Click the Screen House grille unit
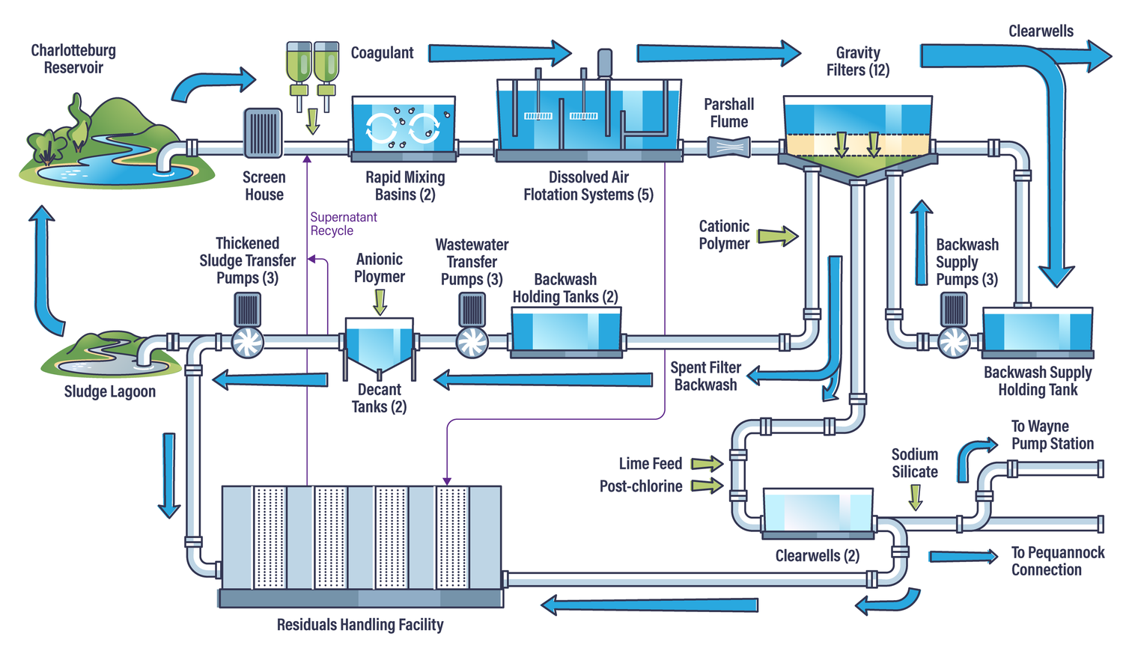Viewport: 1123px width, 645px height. (263, 133)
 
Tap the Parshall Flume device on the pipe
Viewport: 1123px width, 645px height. (728, 147)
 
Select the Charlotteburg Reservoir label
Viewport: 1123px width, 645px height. (73, 59)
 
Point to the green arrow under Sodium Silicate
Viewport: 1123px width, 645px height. (915, 497)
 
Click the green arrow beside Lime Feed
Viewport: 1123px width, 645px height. (706, 464)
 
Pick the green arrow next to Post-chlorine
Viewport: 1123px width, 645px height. (706, 486)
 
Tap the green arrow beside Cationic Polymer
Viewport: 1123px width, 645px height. (777, 236)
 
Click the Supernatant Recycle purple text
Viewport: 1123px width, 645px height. (343, 224)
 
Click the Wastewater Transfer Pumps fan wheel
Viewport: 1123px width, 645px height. (472, 343)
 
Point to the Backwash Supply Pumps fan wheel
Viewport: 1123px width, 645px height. (954, 343)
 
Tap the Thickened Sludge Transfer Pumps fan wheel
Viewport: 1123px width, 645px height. (248, 343)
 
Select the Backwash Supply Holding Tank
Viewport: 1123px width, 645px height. (1037, 331)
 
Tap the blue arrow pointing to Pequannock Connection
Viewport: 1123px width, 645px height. (963, 556)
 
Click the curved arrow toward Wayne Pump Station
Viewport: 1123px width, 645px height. (974, 454)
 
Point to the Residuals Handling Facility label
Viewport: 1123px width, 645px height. (360, 625)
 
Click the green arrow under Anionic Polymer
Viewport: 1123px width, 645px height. (380, 302)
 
